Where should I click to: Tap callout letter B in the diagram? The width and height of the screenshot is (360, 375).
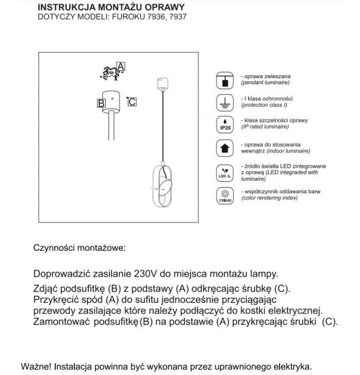point(101,103)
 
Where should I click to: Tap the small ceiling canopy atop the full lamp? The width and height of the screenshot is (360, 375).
point(162,84)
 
